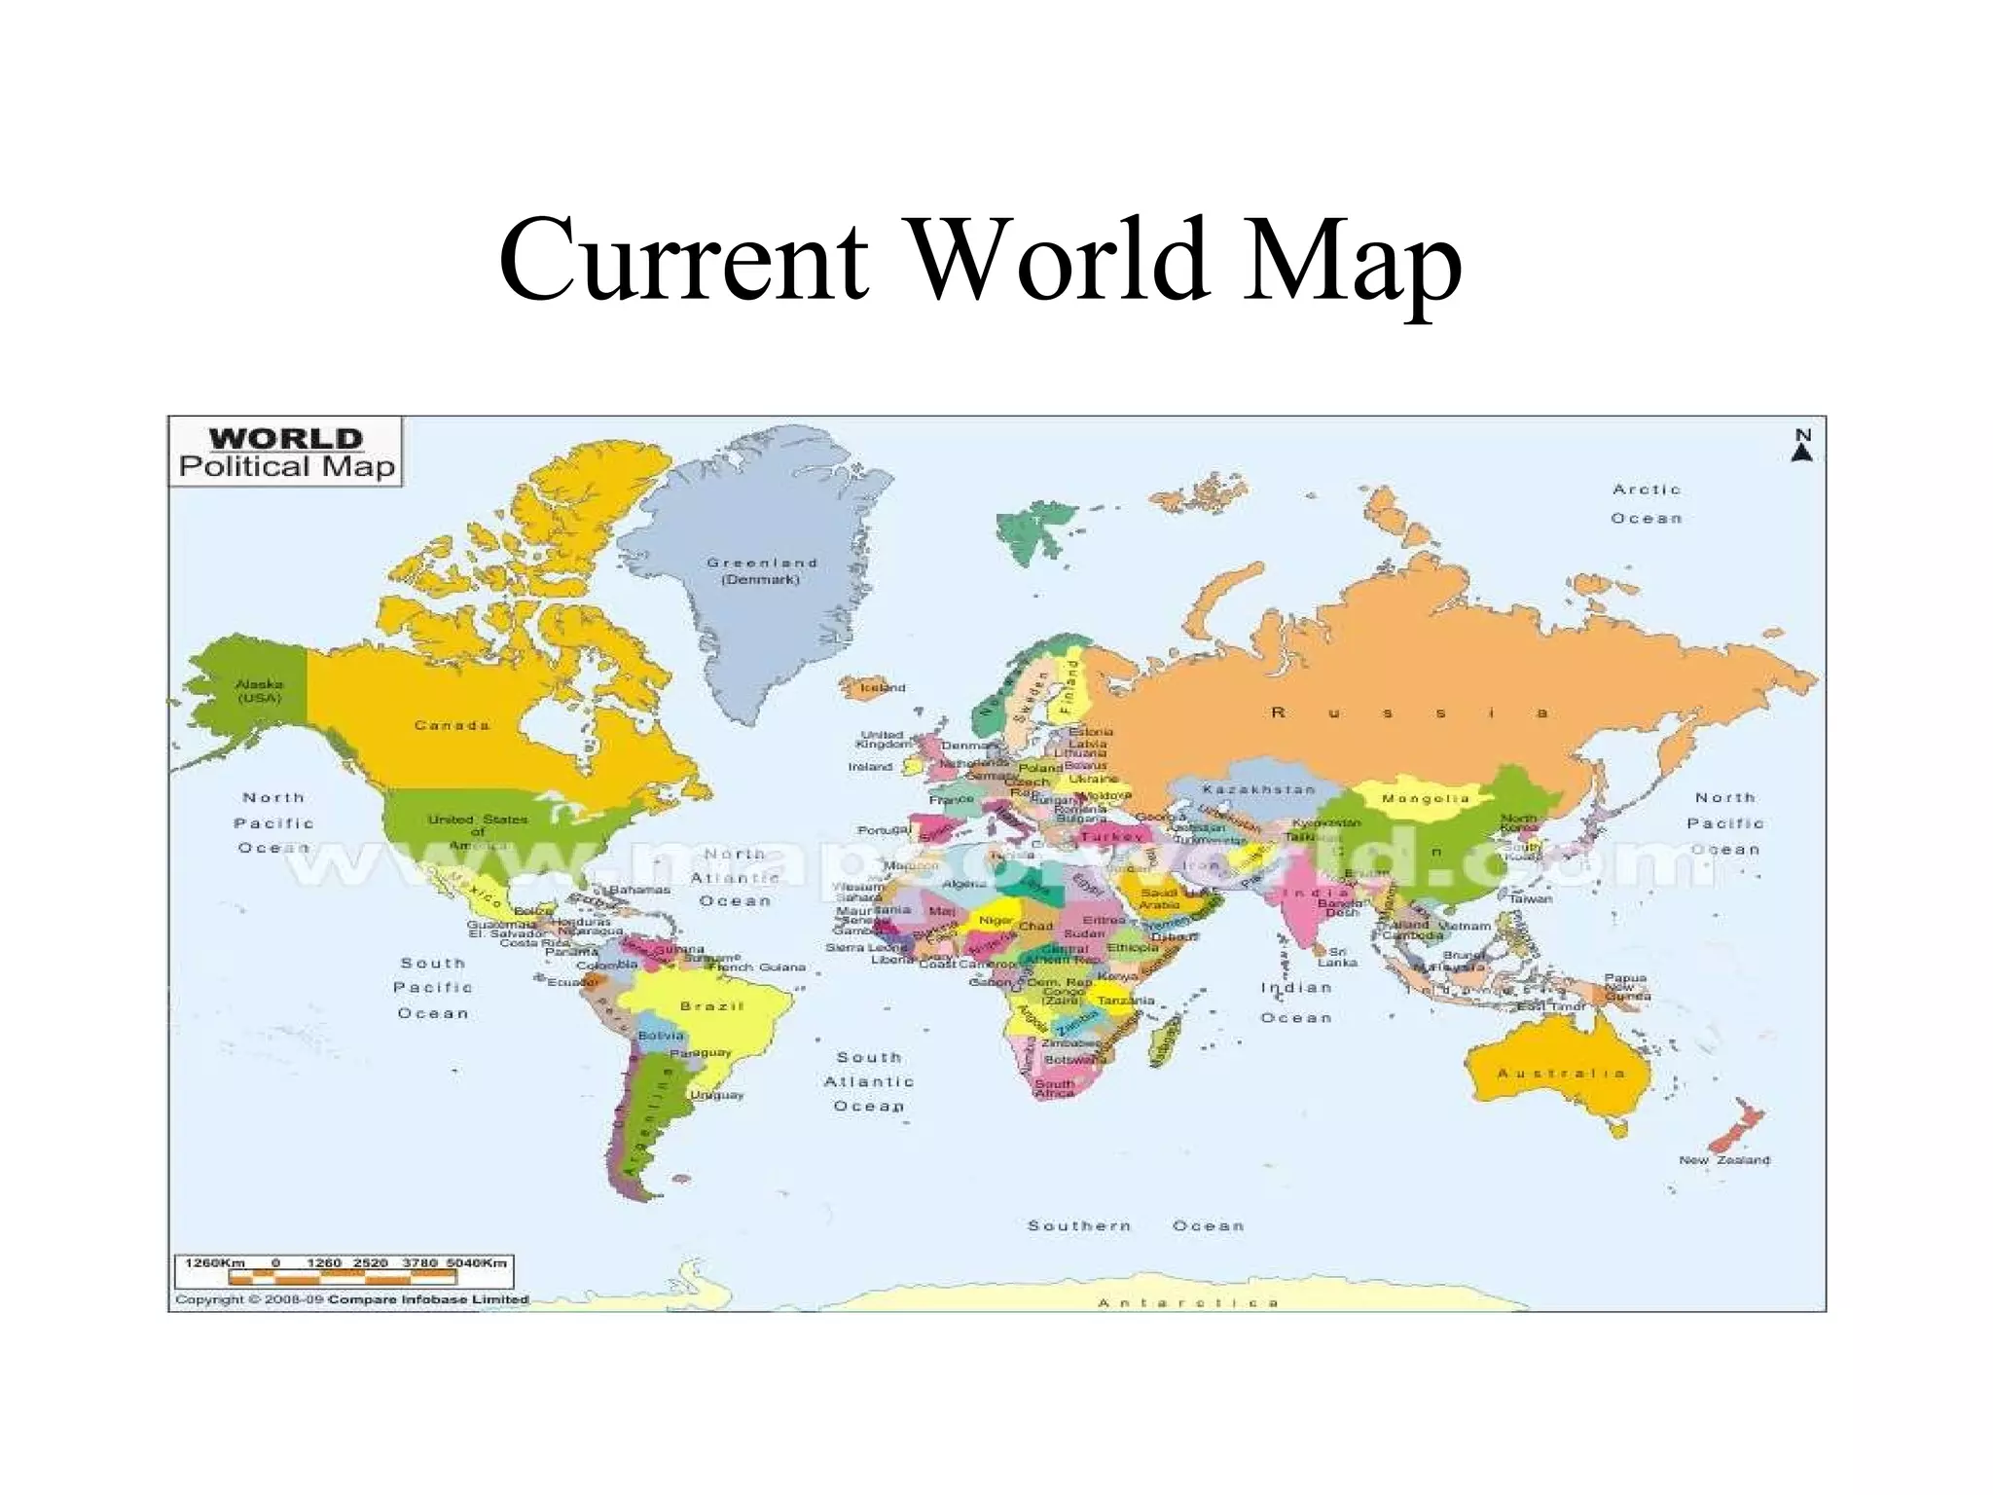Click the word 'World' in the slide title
1063,260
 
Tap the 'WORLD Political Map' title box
286,453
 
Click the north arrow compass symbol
1802,445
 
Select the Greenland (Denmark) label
761,570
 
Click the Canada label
452,725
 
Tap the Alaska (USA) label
259,690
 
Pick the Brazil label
711,1005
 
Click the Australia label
1561,1073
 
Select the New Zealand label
1724,1160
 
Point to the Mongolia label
1425,798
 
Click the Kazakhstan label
1258,789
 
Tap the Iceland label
883,687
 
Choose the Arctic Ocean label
1647,503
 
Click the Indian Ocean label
1296,1003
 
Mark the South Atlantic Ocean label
869,1081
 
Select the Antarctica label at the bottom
1187,1302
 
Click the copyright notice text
351,1299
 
